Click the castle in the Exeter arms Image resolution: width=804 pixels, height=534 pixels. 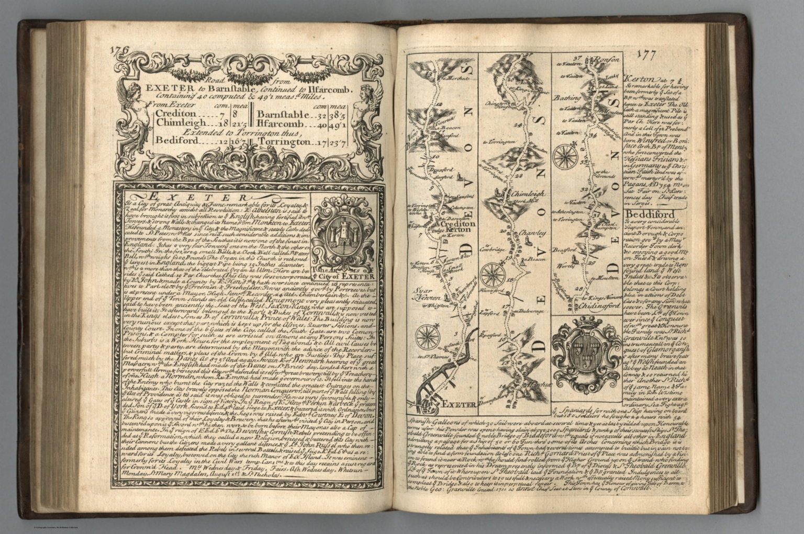click(342, 234)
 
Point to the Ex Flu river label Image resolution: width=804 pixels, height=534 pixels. click(431, 376)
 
